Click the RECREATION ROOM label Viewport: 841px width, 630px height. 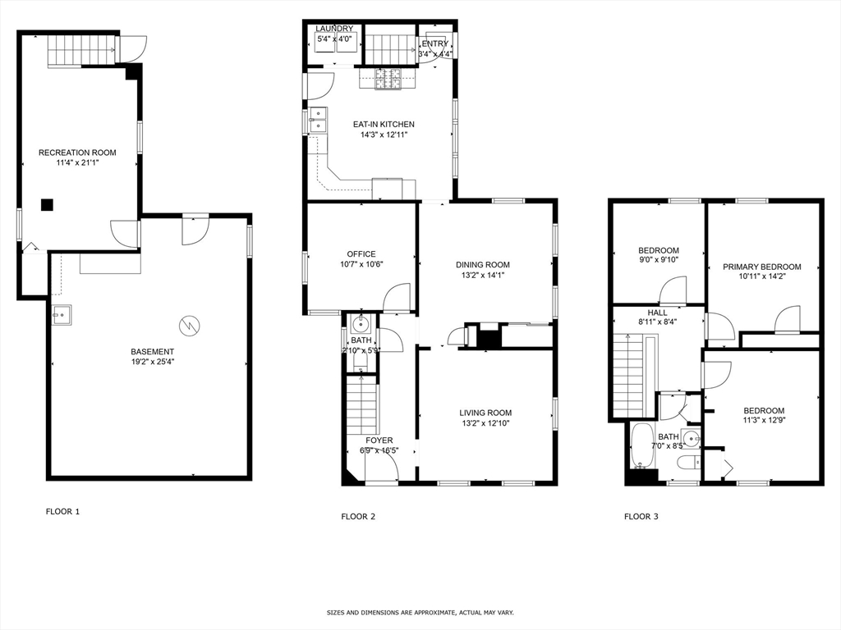tap(77, 153)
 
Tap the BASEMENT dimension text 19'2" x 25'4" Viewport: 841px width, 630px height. tap(152, 362)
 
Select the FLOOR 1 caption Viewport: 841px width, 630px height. tap(62, 512)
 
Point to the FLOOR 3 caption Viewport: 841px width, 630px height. tap(641, 517)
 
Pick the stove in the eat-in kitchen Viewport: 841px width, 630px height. tap(388, 80)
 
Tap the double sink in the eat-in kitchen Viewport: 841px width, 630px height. tap(318, 121)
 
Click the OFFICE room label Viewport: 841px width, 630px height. tap(361, 254)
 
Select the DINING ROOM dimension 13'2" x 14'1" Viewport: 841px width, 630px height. tap(483, 276)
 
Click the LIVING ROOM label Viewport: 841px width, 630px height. tap(486, 413)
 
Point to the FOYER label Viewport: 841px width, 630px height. tap(379, 441)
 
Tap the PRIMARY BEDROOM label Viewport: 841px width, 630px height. tap(761, 267)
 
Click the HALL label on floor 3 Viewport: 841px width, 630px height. tap(658, 313)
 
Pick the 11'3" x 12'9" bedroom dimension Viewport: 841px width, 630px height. tap(764, 422)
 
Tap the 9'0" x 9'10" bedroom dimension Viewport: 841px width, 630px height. tap(659, 261)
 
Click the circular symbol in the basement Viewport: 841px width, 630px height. tap(190, 326)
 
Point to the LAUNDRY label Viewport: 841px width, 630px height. tap(334, 29)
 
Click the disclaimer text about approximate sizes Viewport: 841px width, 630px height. tap(420, 613)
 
